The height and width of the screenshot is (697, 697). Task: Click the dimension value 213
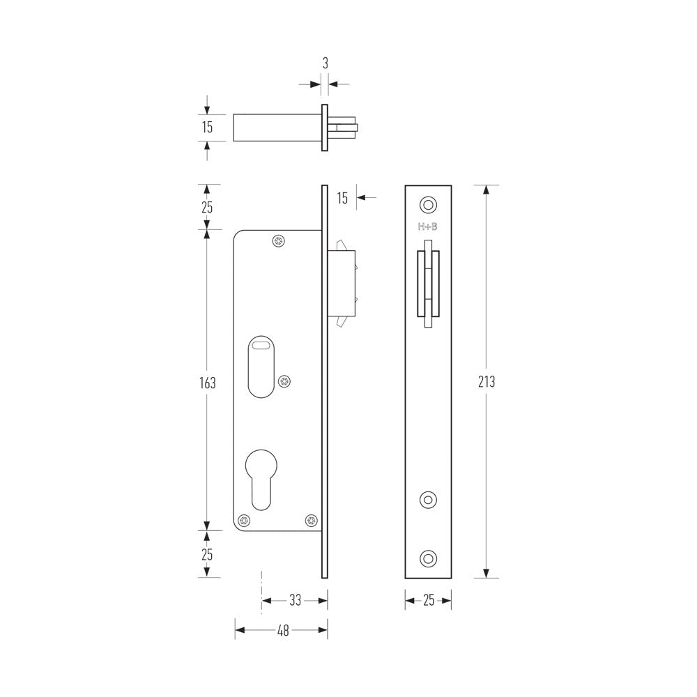487,382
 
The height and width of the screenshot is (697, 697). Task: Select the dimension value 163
207,383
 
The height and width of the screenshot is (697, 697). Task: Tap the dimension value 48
283,630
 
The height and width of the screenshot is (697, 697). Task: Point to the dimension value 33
295,599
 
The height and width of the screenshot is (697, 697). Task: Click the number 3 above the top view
325,63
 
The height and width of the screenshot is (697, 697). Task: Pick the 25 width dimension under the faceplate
429,600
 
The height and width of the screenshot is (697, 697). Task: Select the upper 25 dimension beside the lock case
207,207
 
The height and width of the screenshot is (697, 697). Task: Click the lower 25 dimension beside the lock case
207,554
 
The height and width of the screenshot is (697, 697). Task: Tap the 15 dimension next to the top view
207,128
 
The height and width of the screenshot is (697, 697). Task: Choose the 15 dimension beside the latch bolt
342,198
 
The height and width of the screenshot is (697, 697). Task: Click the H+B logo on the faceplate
428,227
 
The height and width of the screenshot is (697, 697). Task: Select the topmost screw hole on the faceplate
428,204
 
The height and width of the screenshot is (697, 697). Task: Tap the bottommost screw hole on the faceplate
428,557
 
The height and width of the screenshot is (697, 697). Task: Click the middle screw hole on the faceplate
428,499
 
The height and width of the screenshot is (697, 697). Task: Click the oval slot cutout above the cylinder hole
261,367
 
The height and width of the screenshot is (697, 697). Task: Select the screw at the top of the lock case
279,240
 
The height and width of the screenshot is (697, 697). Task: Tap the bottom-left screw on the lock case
244,520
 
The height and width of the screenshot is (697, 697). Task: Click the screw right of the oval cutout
284,381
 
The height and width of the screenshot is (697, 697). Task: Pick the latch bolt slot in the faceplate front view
428,284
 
